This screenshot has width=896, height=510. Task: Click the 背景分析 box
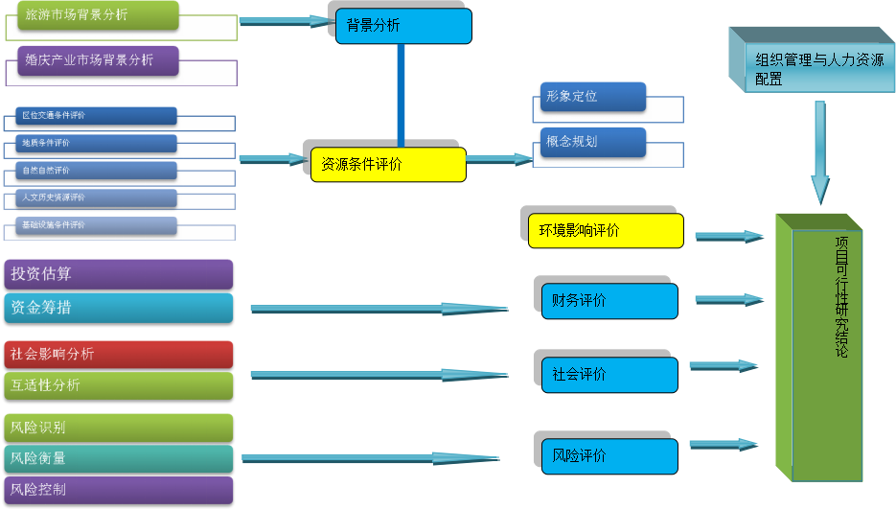coord(402,26)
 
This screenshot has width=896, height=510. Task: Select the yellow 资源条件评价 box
coord(388,164)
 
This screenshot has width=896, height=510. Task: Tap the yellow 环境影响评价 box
coord(605,230)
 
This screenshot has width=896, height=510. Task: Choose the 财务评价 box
coord(609,301)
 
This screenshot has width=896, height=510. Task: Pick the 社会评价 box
coord(609,375)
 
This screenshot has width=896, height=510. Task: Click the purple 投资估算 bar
coord(118,274)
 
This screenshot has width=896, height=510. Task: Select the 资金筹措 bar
coord(118,308)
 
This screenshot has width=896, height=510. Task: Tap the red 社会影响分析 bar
coord(118,354)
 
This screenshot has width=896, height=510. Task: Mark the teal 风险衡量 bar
coord(118,458)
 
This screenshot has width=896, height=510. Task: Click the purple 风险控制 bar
coord(118,490)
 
